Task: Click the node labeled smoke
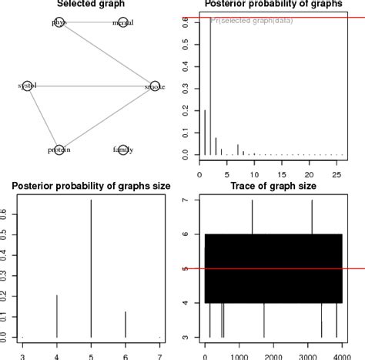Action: coord(154,86)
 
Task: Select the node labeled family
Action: coord(122,149)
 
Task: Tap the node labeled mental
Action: coord(122,23)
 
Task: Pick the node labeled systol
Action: coord(27,86)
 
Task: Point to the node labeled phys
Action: coord(59,23)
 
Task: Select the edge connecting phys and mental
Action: coord(91,23)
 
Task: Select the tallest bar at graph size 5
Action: coord(91,270)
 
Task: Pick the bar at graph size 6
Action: coord(125,324)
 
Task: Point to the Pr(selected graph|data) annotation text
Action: coord(248,21)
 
